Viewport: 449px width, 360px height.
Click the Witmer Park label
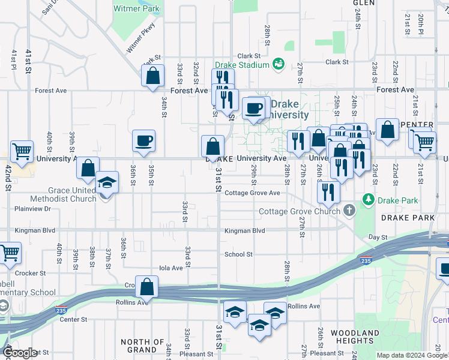[137, 9]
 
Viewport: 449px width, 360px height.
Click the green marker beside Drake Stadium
[279, 64]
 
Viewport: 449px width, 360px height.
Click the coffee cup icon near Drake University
[255, 108]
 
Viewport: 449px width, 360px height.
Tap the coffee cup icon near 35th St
[144, 141]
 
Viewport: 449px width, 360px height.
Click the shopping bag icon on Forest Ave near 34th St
[152, 76]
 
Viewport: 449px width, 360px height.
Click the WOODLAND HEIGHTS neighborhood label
[354, 337]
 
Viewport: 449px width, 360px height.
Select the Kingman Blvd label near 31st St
[244, 230]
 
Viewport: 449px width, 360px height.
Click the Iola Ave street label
[170, 268]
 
